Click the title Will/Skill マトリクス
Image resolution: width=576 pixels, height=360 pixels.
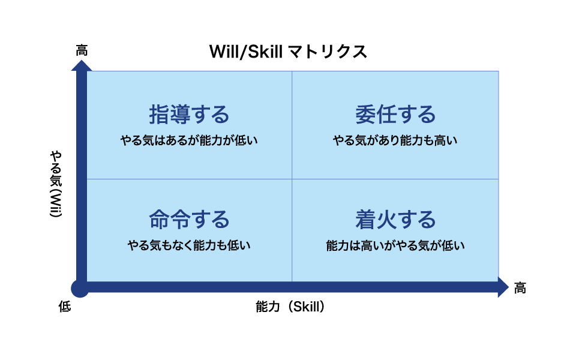289,52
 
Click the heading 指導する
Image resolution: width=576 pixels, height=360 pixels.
189,114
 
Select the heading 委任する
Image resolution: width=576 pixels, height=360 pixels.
395,114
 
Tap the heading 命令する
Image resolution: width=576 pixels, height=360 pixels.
189,220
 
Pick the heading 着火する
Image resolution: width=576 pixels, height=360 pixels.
395,220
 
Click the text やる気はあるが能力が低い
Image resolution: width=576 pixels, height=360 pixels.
189,140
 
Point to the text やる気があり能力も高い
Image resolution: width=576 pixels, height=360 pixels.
395,140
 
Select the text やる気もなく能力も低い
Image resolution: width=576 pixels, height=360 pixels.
189,245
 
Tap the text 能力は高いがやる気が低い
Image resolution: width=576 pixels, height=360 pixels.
395,245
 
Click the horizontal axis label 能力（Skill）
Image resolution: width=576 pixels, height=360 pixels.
290,307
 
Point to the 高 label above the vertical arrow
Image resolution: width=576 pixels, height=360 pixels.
82,50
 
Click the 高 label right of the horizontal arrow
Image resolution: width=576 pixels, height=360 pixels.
520,288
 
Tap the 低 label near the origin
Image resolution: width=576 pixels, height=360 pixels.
65,307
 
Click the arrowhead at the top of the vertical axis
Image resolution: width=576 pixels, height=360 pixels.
82,66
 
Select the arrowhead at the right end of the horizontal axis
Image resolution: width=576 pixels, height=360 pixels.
503,287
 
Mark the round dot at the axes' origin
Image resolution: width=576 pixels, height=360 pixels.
80,289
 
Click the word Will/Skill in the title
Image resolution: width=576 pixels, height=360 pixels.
246,52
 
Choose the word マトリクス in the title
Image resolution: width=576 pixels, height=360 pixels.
328,52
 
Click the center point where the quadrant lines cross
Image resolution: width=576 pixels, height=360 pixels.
292,179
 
